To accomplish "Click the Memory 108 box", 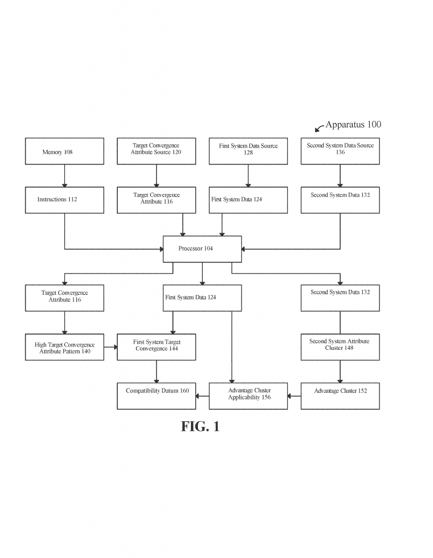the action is pos(64,151).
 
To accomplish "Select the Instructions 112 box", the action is pos(64,200).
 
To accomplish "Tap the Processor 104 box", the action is pos(202,249).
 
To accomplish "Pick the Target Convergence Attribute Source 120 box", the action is pos(157,151).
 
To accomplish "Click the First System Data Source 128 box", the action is pos(248,151).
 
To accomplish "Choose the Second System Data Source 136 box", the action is pos(340,151).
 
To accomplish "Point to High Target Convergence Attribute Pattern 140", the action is pos(64,347).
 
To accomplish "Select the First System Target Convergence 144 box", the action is pos(157,347).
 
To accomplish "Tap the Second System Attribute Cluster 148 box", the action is pos(340,347).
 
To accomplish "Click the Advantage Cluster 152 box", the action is pos(340,396).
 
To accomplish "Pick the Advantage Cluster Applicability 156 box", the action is pos(248,396).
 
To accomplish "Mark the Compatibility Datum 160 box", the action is pos(157,396).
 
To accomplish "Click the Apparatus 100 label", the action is pos(353,125).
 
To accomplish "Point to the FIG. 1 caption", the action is pos(200,426).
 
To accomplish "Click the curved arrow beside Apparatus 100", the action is pos(319,128).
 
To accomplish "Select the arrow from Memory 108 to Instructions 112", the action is pos(64,176).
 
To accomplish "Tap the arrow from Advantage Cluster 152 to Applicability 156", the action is pos(294,396).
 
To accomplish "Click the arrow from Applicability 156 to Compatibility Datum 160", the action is pos(202,396).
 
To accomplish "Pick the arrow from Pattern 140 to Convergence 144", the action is pos(110,347).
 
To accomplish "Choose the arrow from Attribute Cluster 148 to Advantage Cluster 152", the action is pos(340,372).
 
